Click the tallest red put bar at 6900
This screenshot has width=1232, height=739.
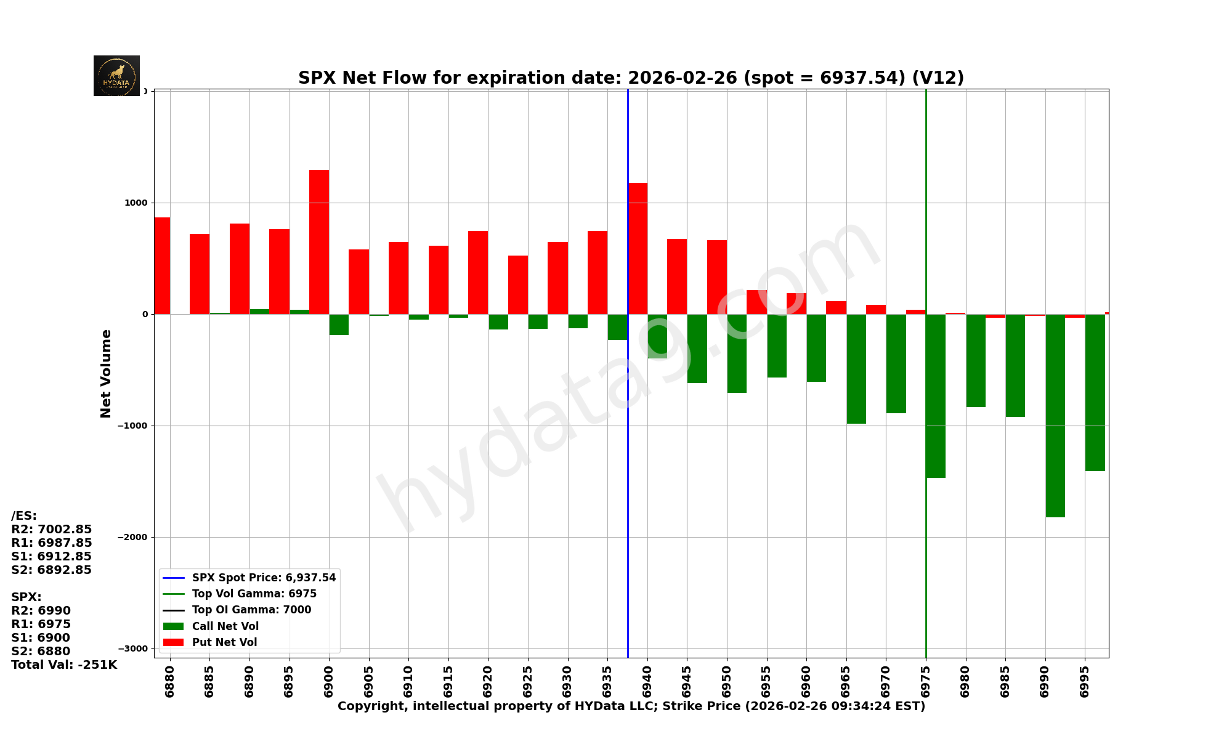319,242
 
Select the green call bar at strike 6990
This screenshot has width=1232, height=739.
1055,416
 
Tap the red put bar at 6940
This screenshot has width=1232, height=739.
638,249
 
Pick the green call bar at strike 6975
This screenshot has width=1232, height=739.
936,396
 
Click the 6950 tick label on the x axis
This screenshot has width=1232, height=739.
727,681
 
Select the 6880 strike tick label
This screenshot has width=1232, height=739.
170,681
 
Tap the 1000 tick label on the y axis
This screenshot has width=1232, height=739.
137,203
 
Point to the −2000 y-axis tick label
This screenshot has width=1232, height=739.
134,537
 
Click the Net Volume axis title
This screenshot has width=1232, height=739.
106,373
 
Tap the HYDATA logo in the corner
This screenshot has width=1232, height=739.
116,76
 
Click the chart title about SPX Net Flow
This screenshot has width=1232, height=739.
631,78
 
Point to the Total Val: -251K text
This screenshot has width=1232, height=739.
64,665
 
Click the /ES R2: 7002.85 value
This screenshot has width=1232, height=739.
52,530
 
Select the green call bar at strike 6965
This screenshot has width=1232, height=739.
856,369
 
